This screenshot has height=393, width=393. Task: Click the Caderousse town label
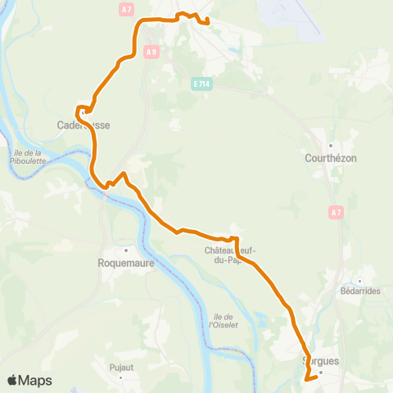84,125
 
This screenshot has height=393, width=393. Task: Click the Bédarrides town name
361,291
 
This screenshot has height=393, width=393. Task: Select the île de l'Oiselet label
222,320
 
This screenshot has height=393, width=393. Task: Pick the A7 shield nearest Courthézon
336,213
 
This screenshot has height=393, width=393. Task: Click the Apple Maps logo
29,381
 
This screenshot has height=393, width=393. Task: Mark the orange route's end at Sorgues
305,379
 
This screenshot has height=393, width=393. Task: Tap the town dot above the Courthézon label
329,146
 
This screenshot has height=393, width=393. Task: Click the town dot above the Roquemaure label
126,251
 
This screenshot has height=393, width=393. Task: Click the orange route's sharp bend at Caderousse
79,108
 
